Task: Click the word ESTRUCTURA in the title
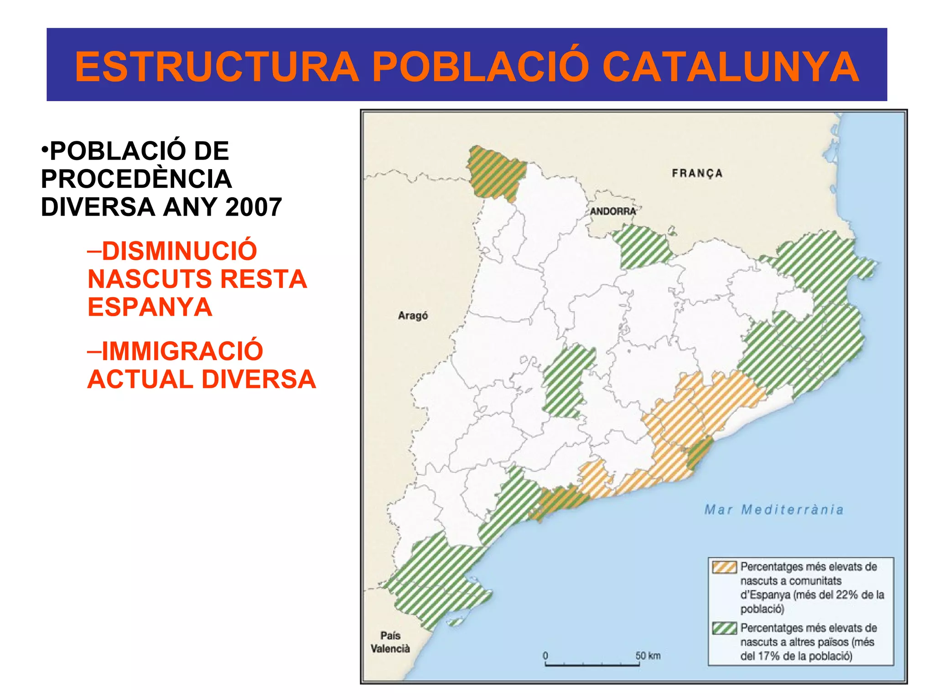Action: tap(217, 67)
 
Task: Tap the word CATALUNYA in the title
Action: tap(731, 67)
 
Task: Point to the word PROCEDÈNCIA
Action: tap(136, 179)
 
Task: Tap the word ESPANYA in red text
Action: tap(150, 307)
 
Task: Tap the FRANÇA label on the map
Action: tap(697, 173)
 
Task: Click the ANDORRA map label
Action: tap(612, 211)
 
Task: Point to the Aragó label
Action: tap(413, 315)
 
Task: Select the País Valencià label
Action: tap(390, 642)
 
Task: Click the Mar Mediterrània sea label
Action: tap(774, 509)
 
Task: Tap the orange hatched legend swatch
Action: tap(724, 567)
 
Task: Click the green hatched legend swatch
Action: tap(724, 628)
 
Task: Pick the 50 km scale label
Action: tap(648, 655)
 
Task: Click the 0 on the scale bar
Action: tap(545, 655)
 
